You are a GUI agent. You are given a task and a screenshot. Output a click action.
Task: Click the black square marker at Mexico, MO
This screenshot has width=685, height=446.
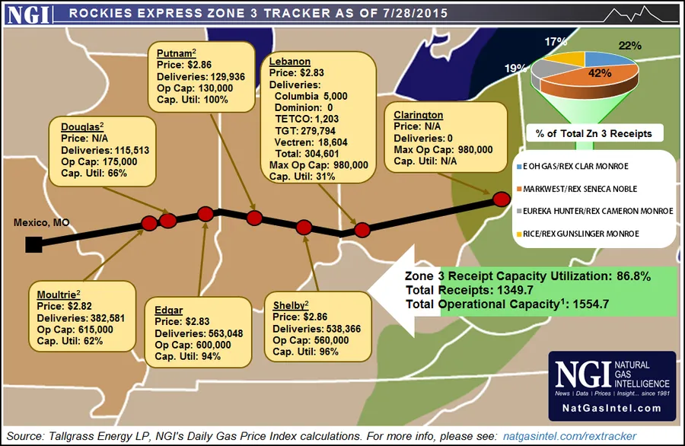pos(33,244)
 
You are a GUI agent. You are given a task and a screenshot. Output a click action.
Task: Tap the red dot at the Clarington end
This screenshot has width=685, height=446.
pos(501,199)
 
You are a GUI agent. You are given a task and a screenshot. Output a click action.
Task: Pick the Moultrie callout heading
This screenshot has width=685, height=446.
pos(57,293)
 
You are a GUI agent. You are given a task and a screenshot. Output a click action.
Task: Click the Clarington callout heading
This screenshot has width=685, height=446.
pos(419,114)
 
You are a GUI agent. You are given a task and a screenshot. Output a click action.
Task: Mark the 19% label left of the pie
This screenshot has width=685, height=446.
pos(517,68)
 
